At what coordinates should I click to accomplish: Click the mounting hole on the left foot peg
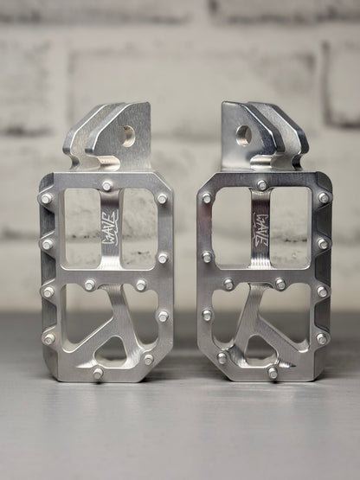click(x=128, y=134)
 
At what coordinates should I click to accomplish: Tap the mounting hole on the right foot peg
click(x=243, y=134)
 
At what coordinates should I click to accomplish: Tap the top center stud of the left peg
click(x=106, y=185)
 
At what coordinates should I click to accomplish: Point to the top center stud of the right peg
click(x=261, y=184)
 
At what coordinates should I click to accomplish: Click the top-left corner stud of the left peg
click(x=47, y=198)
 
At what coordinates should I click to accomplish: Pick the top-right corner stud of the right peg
click(x=324, y=197)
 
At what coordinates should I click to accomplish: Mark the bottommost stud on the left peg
click(x=98, y=373)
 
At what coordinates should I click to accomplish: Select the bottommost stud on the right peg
click(x=273, y=373)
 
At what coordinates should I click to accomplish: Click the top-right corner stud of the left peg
click(x=162, y=198)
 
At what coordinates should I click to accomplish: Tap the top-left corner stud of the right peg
click(x=207, y=198)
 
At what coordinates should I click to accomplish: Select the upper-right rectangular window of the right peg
click(x=291, y=227)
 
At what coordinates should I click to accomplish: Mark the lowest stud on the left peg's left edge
click(x=49, y=338)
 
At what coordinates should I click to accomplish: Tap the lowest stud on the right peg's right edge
click(x=321, y=338)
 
